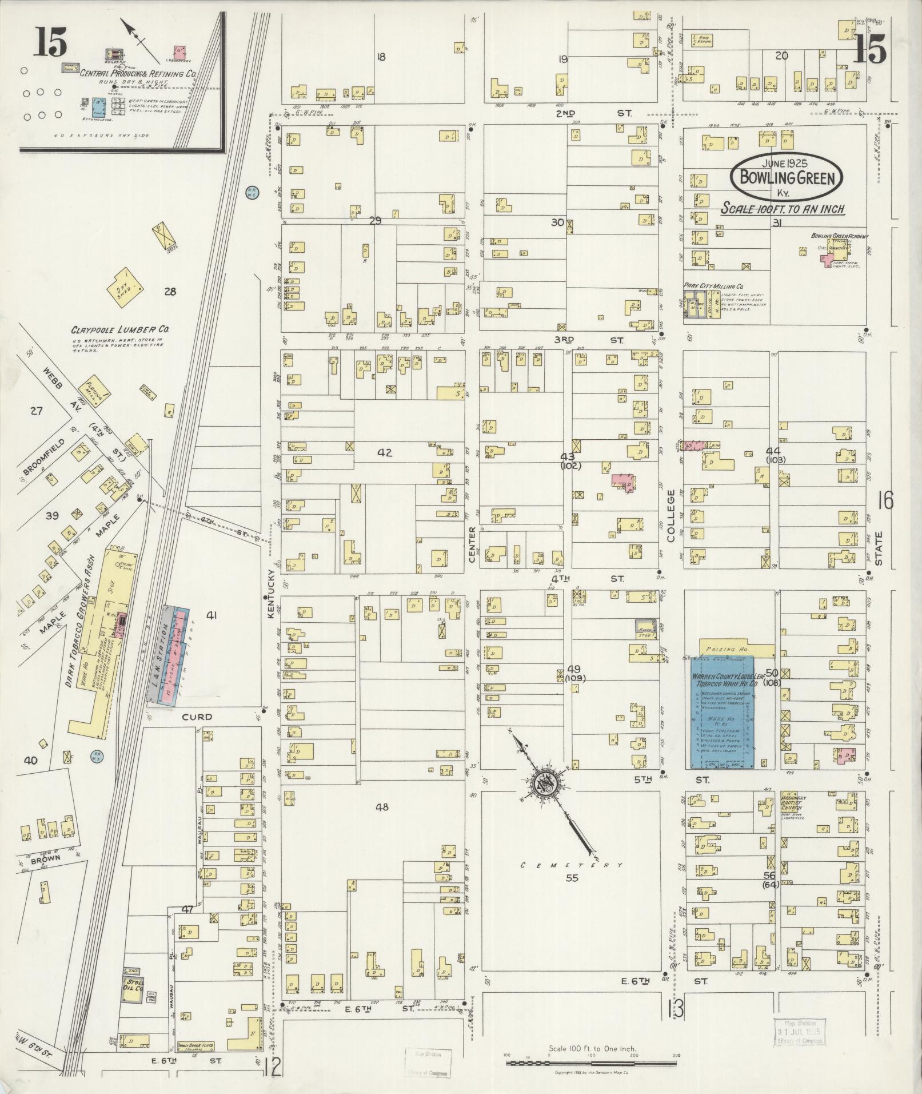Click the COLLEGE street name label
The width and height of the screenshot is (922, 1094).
pyautogui.click(x=670, y=515)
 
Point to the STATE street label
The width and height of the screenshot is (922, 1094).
pyautogui.click(x=879, y=548)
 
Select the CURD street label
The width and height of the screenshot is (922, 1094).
pyautogui.click(x=197, y=717)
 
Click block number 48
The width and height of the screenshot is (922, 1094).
pyautogui.click(x=382, y=807)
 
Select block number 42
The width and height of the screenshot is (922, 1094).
pyautogui.click(x=385, y=453)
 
